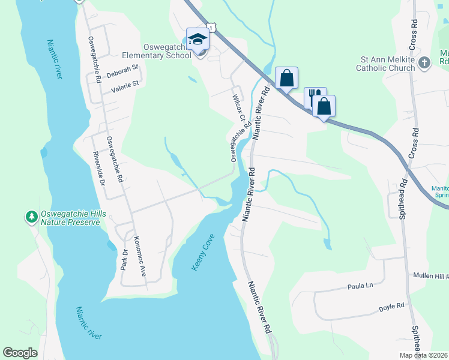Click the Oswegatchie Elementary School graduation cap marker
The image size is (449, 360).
click(x=197, y=40)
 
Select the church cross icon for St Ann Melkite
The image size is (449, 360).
click(x=424, y=63)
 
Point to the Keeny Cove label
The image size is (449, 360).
click(x=203, y=253)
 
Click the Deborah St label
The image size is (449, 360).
click(x=122, y=74)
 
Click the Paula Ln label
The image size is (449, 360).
click(x=360, y=287)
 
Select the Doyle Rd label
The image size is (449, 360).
click(x=391, y=307)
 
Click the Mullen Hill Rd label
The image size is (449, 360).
click(x=430, y=275)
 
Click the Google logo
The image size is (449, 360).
click(x=20, y=353)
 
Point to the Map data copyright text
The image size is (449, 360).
click(x=423, y=355)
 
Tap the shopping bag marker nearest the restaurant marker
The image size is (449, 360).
click(x=324, y=106)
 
